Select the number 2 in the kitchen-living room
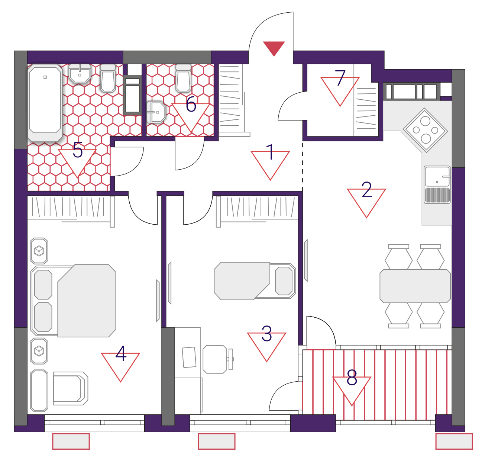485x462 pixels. point(366,189)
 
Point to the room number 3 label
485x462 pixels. point(267,333)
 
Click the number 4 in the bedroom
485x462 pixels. point(121,354)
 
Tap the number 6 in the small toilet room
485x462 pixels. point(191,104)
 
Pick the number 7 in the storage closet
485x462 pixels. point(340,78)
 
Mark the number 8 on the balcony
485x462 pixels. point(352,378)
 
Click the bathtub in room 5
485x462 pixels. point(45,103)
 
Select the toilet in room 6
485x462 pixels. point(183,78)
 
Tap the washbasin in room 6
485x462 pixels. point(156,112)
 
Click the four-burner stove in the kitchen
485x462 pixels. point(425,130)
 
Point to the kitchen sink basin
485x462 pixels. point(437,176)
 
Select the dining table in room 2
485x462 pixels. point(415,286)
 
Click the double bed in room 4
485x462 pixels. point(73,301)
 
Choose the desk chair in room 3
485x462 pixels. point(217,359)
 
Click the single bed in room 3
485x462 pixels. point(255,281)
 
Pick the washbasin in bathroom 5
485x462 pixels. point(80,73)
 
